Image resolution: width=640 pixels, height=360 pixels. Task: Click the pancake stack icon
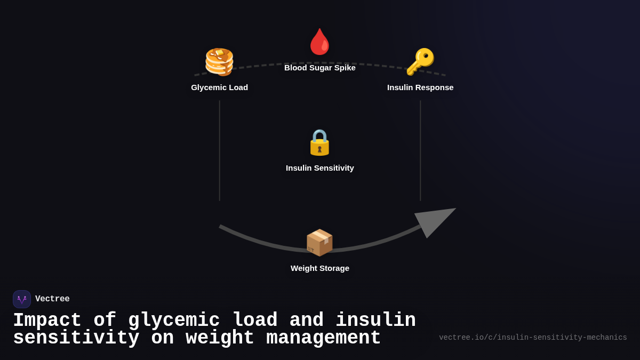[219, 62]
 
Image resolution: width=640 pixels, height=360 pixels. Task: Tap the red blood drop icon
[320, 42]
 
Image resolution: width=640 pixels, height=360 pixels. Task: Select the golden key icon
[420, 62]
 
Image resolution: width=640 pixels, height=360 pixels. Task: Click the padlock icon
[320, 142]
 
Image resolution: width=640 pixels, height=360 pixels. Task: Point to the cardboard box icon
[319, 243]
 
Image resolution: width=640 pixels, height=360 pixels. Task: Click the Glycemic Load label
[220, 87]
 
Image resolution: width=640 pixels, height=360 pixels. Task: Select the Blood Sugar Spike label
[320, 68]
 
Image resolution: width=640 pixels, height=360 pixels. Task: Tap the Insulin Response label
[420, 87]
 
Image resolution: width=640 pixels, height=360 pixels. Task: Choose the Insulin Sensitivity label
[320, 168]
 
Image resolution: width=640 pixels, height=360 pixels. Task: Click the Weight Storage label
[320, 268]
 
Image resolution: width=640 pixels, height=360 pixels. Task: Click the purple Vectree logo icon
[22, 299]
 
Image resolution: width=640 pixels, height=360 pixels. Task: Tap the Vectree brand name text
[52, 299]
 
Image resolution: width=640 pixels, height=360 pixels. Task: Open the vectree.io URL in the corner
[533, 338]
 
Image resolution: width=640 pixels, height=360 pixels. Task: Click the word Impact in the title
[47, 321]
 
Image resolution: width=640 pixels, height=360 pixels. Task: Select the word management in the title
[323, 338]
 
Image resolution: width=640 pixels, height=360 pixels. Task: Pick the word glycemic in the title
[174, 321]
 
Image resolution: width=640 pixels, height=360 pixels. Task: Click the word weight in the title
[220, 338]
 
